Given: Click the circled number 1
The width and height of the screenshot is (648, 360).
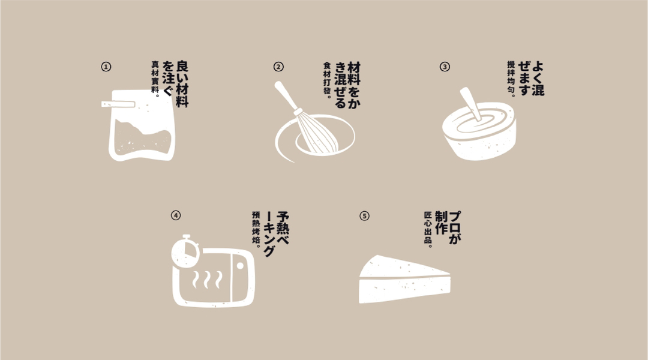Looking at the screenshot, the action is [x=106, y=67].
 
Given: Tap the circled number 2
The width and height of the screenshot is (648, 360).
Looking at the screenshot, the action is [x=278, y=67].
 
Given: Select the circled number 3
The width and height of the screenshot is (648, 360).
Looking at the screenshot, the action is [x=445, y=67].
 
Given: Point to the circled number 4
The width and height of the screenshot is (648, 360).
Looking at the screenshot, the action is [x=176, y=215].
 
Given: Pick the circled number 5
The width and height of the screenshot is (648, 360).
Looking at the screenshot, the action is [x=364, y=216].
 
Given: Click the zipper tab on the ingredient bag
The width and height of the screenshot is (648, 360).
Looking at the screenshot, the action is [x=118, y=104].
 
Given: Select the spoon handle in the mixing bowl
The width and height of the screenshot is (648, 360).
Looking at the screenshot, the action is [x=471, y=103].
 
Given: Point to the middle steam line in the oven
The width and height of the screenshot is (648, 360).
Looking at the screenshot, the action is [x=206, y=280].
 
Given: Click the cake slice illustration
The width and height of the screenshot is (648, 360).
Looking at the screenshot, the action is [x=404, y=279].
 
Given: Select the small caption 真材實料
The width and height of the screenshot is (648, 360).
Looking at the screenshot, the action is [x=156, y=77].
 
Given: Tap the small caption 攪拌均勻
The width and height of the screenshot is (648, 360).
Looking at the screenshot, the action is [x=512, y=79].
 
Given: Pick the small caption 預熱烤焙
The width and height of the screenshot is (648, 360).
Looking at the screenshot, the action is [x=257, y=230].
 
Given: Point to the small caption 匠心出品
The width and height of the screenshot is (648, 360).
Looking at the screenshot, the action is [x=428, y=230].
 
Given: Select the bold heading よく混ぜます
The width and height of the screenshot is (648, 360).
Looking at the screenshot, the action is [x=531, y=79].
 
